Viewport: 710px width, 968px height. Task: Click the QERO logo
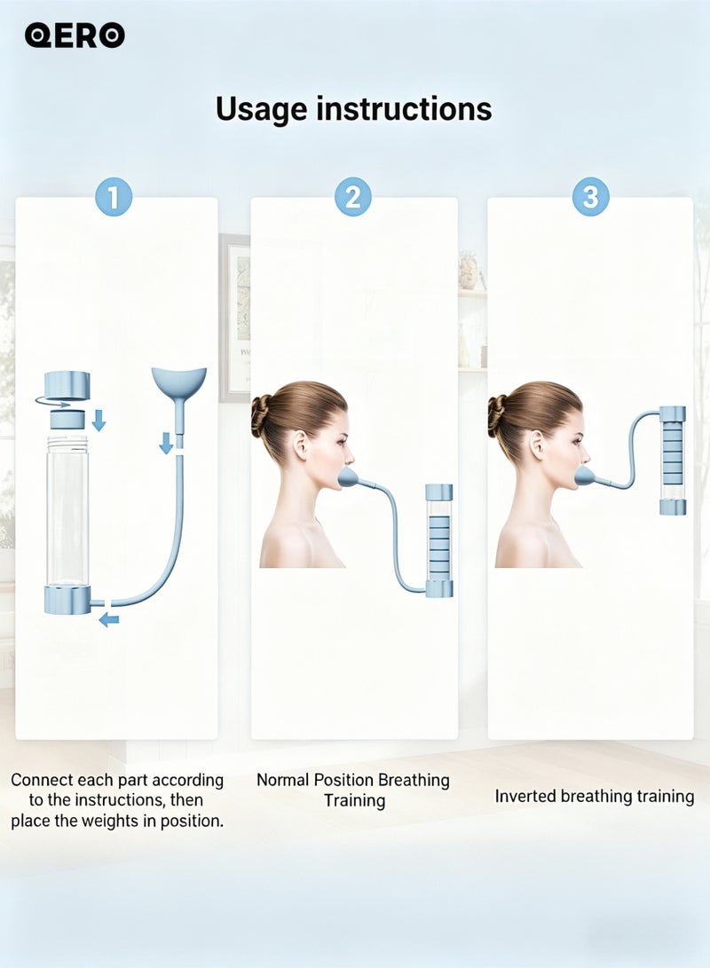point(75,35)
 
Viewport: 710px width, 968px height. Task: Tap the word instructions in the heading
point(405,108)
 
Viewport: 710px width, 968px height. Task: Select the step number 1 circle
point(114,197)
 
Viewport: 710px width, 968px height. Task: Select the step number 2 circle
point(352,197)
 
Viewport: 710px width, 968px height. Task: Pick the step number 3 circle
point(591,197)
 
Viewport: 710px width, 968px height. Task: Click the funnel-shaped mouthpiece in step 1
point(179,382)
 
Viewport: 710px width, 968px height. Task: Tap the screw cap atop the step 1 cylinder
point(67,384)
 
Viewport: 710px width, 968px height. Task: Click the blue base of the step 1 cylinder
point(67,600)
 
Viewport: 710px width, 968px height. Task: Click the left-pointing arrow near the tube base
point(109,619)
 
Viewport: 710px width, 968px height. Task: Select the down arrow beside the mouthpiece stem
point(165,443)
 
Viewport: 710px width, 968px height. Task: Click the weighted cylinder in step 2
point(439,541)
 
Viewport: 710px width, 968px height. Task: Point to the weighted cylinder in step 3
point(673,460)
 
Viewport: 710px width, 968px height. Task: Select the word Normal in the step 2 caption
point(283,780)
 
